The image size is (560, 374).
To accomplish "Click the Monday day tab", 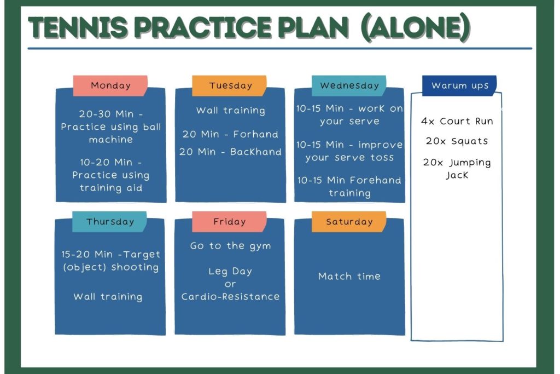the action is tap(110, 85).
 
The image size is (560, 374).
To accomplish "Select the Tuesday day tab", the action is tap(229, 85).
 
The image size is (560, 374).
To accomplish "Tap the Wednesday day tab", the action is tap(349, 85).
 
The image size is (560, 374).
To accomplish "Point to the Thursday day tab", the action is tap(109, 222).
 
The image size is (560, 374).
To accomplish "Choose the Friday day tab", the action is tap(229, 222).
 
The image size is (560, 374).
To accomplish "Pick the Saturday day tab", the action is tap(349, 222).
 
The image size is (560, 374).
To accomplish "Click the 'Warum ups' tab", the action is tap(459, 85).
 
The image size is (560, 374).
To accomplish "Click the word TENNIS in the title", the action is tap(78, 27).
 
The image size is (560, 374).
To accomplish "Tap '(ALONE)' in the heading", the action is tap(415, 27).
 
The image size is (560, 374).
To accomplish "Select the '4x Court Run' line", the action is tap(457, 121).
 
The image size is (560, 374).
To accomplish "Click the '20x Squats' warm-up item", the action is tap(457, 141).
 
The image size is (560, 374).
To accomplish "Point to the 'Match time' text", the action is tap(349, 276).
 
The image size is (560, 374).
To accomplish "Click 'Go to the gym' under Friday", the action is tap(230, 246).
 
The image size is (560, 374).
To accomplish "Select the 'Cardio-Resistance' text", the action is tap(230, 296).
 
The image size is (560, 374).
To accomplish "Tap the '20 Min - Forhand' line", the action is tap(230, 134).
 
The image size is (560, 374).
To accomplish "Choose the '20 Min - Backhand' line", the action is tap(230, 152).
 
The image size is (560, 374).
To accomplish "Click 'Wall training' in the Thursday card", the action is tap(108, 297).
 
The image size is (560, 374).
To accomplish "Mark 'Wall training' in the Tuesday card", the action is tap(231, 111).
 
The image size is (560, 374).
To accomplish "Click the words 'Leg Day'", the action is tap(230, 272).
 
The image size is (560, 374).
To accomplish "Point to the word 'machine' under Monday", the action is tap(110, 139).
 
